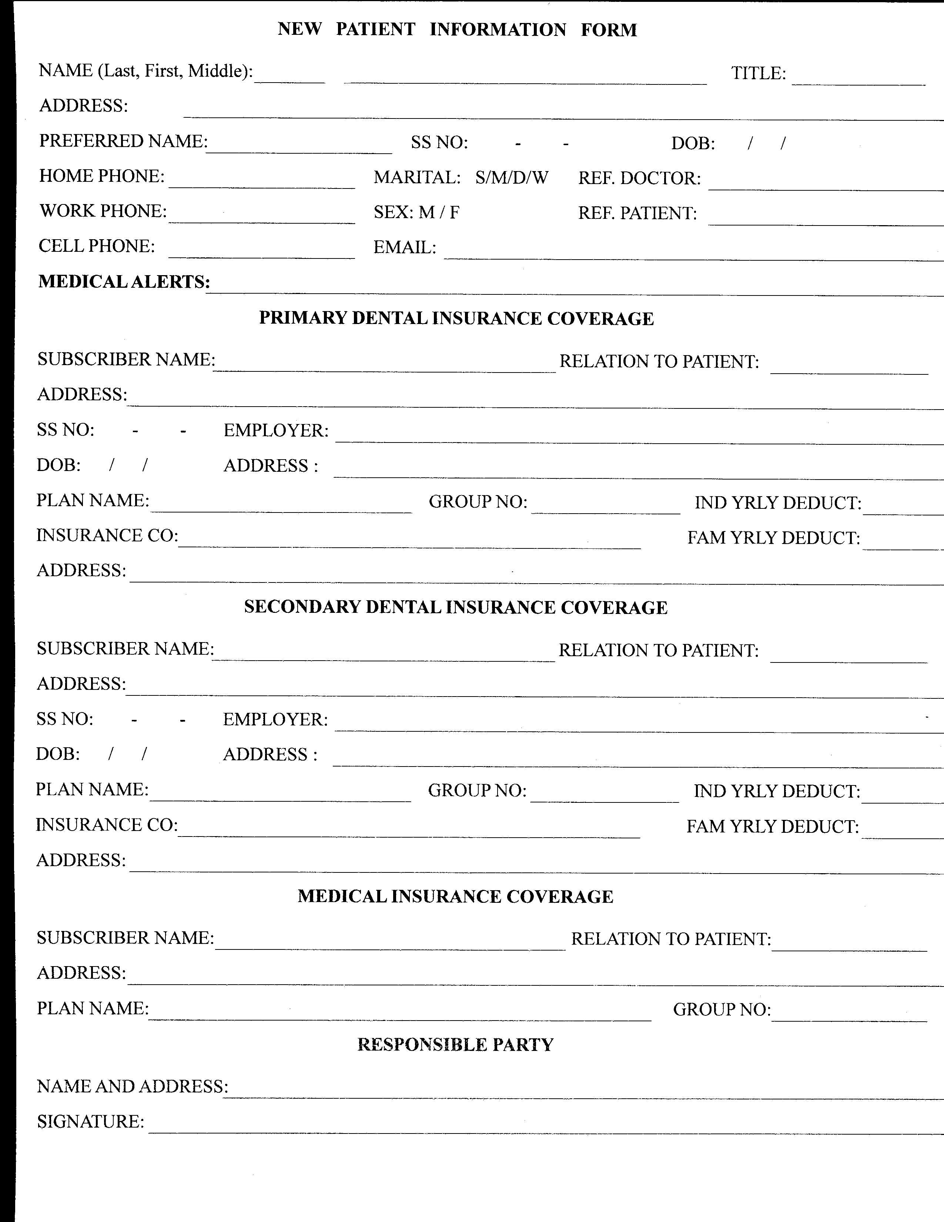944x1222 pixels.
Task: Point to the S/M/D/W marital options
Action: pyautogui.click(x=512, y=178)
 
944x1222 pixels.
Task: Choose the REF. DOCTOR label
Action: pyautogui.click(x=639, y=178)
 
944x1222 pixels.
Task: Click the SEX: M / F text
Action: pyautogui.click(x=416, y=213)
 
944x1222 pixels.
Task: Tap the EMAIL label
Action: pyautogui.click(x=404, y=247)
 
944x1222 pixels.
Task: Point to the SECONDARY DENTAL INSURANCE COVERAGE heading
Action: pyautogui.click(x=456, y=608)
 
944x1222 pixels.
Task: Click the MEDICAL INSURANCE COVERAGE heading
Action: pyautogui.click(x=455, y=897)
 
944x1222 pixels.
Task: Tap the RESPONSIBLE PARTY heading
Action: pyautogui.click(x=455, y=1045)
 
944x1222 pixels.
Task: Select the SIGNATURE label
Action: pyautogui.click(x=90, y=1122)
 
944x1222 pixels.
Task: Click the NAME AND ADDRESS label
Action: pyautogui.click(x=133, y=1086)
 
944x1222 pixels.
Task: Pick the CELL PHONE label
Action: pyautogui.click(x=97, y=246)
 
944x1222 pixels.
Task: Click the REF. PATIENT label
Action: pyautogui.click(x=637, y=214)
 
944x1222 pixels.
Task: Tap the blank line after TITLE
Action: pyautogui.click(x=858, y=80)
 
